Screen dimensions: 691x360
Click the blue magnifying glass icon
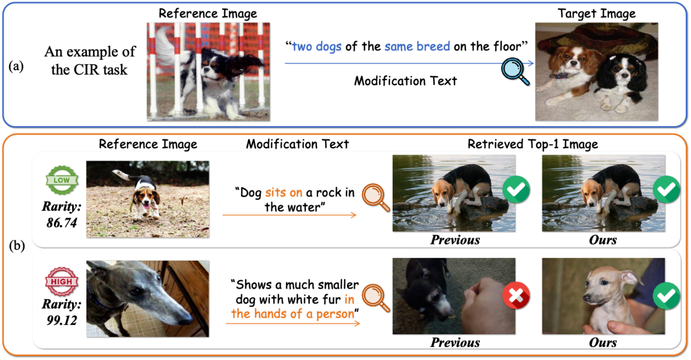[514, 72]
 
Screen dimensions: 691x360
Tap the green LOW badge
[62, 180]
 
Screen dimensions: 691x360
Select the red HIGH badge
[62, 282]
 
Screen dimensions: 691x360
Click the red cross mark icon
[516, 296]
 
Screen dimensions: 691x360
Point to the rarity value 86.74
[62, 222]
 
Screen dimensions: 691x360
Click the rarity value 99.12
[62, 320]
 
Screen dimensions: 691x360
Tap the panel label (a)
[16, 66]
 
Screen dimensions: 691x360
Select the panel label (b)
[17, 246]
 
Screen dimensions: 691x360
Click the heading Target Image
[597, 13]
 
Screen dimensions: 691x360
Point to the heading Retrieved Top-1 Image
[533, 144]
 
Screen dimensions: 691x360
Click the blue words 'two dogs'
[317, 47]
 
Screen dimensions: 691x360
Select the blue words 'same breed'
[417, 47]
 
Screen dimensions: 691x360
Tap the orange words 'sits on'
[283, 193]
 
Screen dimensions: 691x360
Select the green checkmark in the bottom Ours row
[666, 296]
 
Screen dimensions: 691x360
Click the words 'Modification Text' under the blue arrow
[405, 81]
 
